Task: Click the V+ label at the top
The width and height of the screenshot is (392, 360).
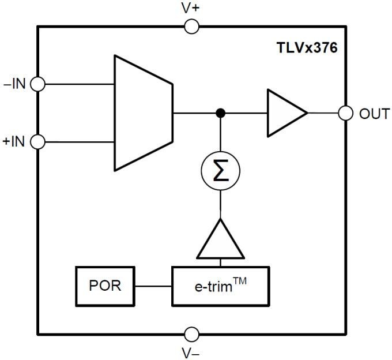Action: tap(191, 9)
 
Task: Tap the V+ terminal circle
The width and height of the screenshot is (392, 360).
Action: tap(191, 27)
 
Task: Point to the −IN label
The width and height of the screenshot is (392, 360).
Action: tap(15, 84)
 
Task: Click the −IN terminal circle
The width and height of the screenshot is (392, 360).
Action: tap(38, 84)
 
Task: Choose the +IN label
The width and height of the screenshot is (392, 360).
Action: tap(14, 141)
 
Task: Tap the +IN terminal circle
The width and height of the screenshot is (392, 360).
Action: tap(38, 141)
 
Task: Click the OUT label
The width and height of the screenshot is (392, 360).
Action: tap(374, 114)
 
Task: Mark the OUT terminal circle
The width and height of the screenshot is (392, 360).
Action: tap(346, 113)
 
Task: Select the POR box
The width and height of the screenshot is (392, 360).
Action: tap(105, 286)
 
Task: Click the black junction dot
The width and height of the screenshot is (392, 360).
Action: tap(220, 113)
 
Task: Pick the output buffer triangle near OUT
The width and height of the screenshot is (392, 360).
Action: tap(282, 113)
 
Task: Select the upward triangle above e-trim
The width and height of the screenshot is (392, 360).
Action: tap(220, 241)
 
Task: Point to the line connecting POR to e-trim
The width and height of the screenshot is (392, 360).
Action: tap(153, 286)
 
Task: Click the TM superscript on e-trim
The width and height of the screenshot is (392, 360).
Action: tap(241, 280)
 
